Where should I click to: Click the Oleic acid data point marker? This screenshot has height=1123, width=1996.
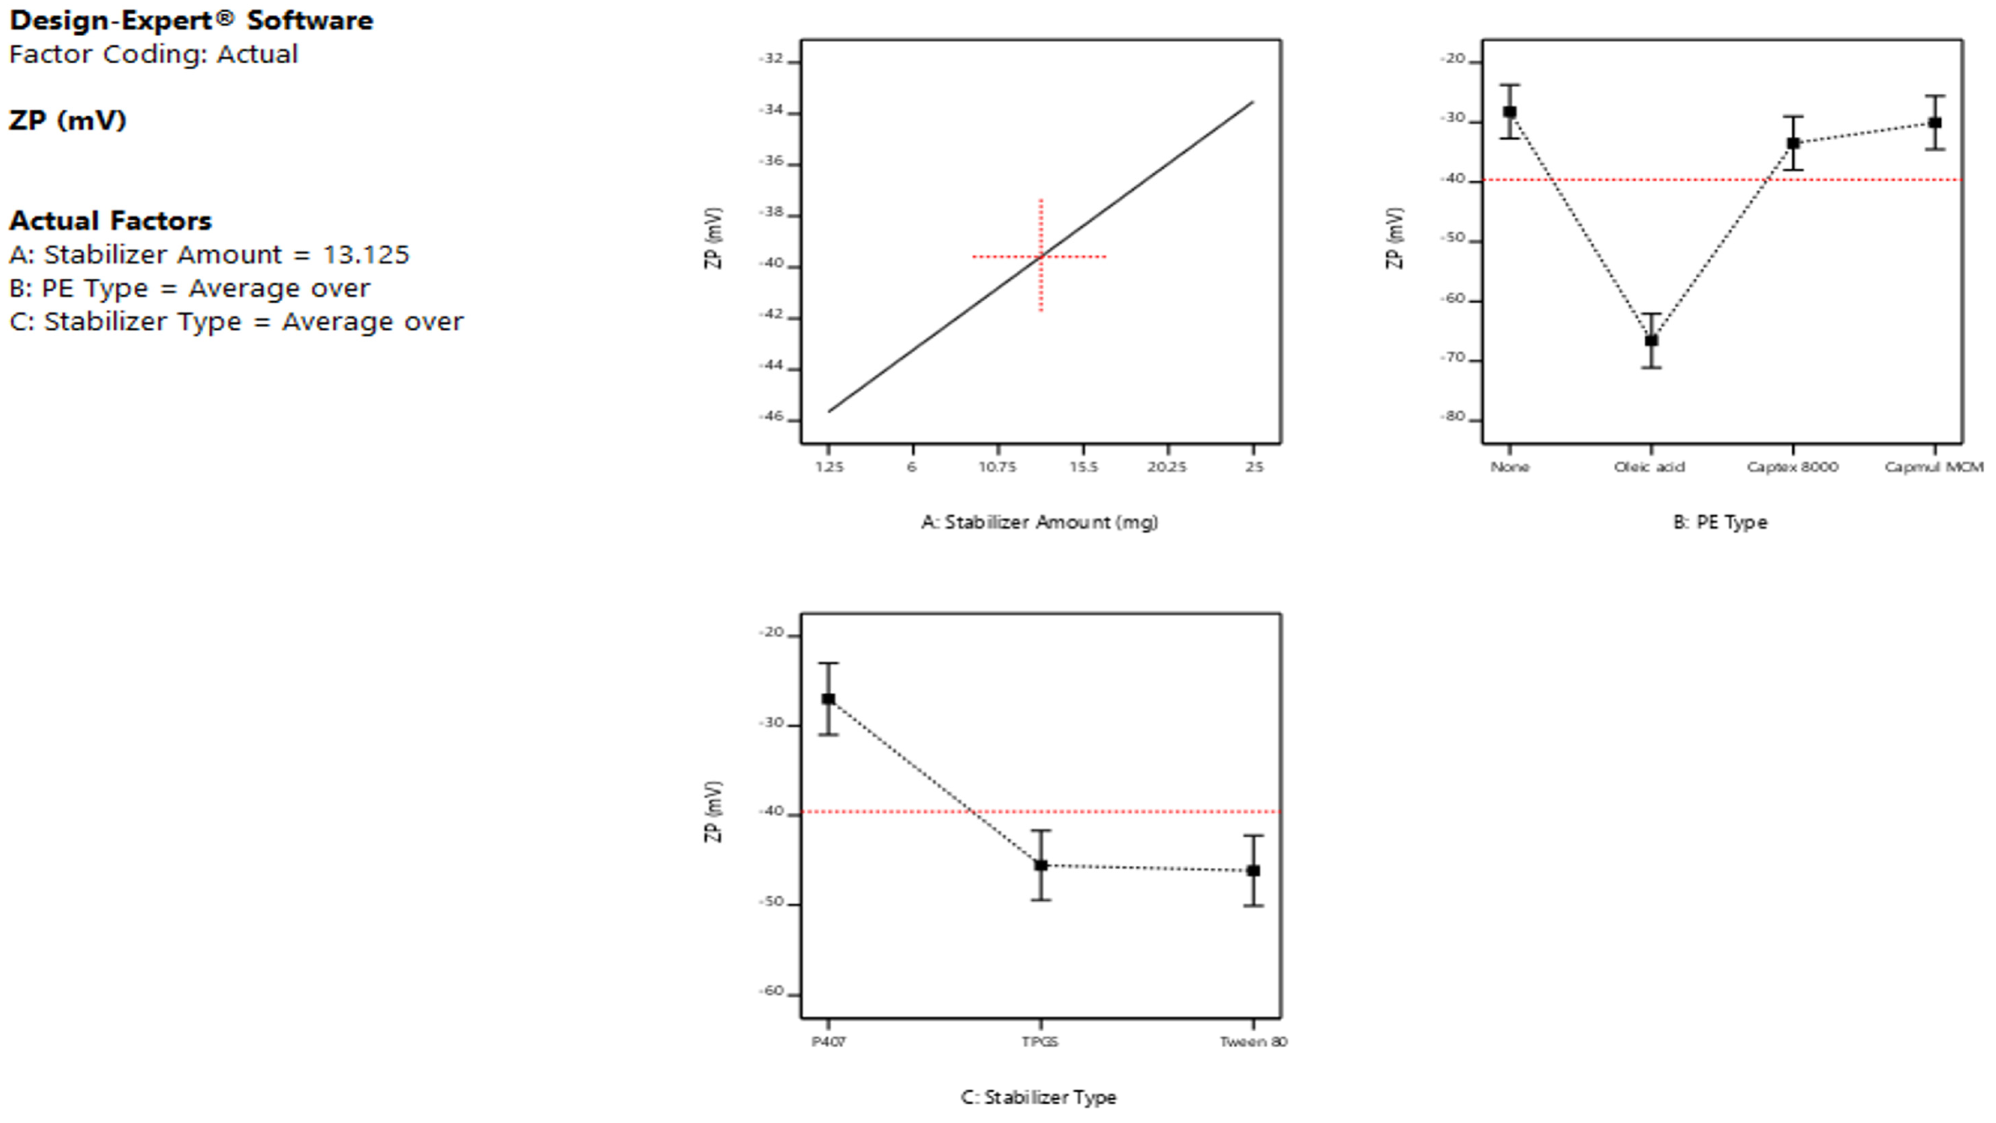click(x=1651, y=340)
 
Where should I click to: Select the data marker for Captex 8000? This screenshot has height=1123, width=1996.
click(x=1793, y=143)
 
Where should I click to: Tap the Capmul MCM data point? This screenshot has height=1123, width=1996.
click(x=1935, y=122)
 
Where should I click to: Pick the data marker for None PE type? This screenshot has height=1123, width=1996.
click(x=1509, y=112)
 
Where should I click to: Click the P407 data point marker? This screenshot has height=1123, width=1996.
click(x=828, y=698)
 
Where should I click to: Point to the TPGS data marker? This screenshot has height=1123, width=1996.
click(x=1041, y=865)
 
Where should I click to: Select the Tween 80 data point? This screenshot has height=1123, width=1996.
click(x=1253, y=870)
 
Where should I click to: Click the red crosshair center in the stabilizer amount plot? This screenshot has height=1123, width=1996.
click(x=1041, y=256)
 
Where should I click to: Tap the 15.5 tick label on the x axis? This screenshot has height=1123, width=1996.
click(x=1082, y=467)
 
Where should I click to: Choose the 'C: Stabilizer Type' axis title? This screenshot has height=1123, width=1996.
click(x=1038, y=1097)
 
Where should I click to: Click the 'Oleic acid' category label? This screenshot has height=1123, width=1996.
click(x=1649, y=467)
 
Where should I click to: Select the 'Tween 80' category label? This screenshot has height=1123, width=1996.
click(x=1253, y=1041)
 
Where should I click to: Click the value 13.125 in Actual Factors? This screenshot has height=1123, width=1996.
click(x=366, y=255)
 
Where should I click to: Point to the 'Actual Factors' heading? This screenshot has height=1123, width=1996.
click(x=110, y=221)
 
